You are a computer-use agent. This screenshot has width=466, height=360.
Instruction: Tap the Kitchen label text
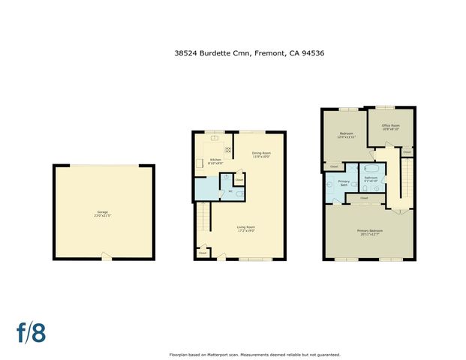215,160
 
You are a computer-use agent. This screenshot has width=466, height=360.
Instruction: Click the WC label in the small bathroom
230,191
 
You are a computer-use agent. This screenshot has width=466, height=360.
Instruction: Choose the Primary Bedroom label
370,232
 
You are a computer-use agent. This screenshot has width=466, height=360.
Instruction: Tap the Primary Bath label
343,183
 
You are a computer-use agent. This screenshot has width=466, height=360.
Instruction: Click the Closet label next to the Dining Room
239,180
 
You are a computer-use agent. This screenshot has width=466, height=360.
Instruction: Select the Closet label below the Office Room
406,152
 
